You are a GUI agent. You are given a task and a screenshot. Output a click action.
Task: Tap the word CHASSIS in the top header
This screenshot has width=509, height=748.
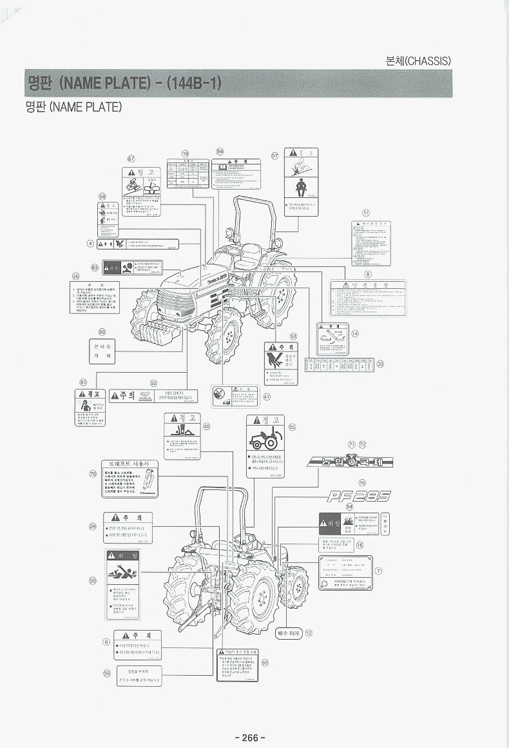click(429, 61)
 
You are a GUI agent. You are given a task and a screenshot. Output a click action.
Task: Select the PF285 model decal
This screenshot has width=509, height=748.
click(358, 496)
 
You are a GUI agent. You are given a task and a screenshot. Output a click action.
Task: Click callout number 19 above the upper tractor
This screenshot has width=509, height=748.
click(186, 153)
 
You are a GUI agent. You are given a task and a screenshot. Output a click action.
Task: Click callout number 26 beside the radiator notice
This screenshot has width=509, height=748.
click(75, 276)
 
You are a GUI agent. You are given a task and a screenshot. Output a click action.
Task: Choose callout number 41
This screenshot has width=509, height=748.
click(267, 397)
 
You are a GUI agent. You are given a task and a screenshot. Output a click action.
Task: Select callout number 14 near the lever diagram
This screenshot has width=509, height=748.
click(354, 333)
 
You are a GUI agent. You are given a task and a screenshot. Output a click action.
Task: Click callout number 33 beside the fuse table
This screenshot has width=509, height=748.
click(380, 364)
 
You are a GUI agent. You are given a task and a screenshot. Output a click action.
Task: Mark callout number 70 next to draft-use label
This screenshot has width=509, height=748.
click(93, 474)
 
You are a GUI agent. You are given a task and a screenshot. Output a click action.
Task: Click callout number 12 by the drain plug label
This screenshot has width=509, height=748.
click(309, 633)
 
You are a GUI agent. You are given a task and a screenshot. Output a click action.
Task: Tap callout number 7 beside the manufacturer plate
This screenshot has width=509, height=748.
click(378, 571)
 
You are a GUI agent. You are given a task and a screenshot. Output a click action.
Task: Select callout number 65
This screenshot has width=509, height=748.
click(265, 662)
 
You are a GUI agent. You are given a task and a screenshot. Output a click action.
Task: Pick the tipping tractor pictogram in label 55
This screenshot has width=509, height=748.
click(265, 440)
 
